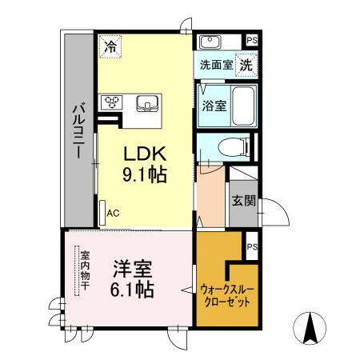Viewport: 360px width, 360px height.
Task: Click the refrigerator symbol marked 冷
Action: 110,46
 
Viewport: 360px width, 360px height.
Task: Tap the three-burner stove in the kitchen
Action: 110,102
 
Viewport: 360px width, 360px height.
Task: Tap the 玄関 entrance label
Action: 243,200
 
